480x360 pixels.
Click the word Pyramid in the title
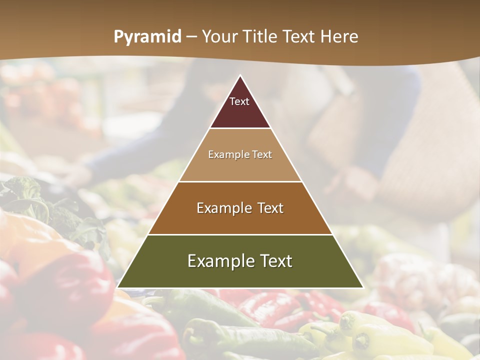(x=147, y=37)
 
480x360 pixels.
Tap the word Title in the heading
(x=261, y=37)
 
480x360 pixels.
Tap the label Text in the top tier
(x=239, y=101)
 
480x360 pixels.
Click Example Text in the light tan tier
(x=240, y=154)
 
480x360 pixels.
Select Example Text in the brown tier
(x=240, y=208)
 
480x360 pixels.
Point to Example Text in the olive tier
(x=240, y=261)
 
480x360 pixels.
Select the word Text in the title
(x=300, y=37)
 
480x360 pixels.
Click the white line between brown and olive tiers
(x=240, y=234)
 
